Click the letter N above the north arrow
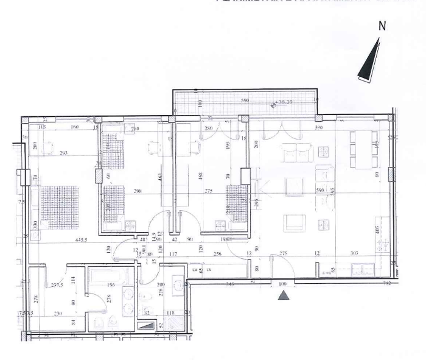click(x=382, y=27)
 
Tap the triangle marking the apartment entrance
click(x=282, y=295)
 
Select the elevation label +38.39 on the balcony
click(x=284, y=102)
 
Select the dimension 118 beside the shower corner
click(x=172, y=313)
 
